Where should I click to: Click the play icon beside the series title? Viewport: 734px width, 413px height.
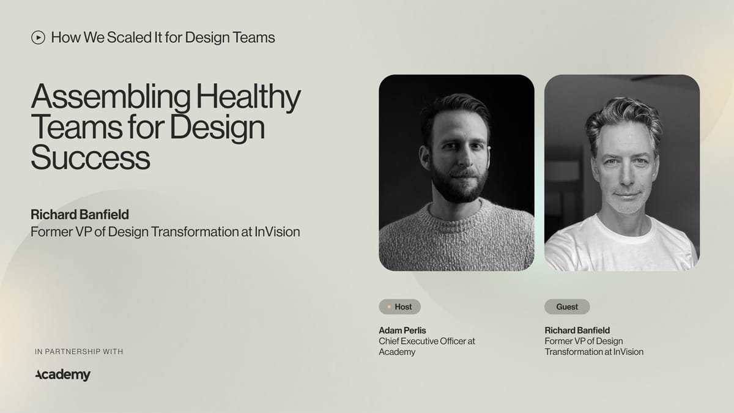click(x=38, y=37)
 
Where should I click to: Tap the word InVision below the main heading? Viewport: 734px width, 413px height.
click(x=276, y=232)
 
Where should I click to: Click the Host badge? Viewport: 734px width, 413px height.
click(x=399, y=307)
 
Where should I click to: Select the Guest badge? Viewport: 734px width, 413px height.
click(x=567, y=307)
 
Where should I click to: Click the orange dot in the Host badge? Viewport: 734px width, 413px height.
click(x=389, y=307)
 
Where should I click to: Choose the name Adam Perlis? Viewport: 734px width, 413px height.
click(x=402, y=330)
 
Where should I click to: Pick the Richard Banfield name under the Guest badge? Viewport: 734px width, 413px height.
click(x=577, y=330)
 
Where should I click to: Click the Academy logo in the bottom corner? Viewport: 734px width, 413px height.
click(x=63, y=374)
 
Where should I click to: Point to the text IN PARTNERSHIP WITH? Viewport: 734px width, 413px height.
click(x=79, y=351)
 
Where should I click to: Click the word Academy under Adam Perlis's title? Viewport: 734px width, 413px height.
click(x=397, y=352)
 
